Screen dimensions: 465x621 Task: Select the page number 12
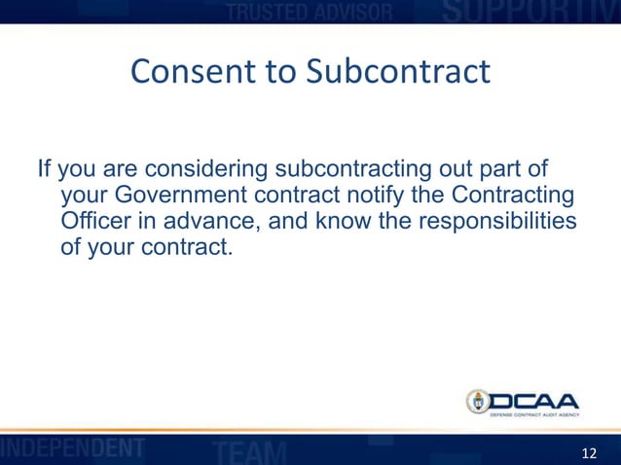coord(589,453)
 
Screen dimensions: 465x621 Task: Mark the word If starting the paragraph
coord(44,172)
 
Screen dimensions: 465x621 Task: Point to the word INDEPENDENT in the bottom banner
coord(73,449)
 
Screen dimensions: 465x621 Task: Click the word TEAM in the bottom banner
coord(249,451)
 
